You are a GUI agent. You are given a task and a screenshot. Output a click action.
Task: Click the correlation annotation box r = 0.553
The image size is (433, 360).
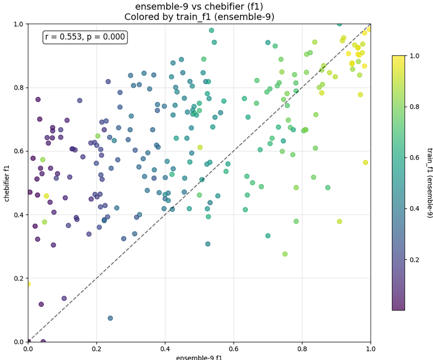pyautogui.click(x=85, y=37)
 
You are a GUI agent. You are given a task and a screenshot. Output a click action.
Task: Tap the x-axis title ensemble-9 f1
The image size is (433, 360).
pyautogui.click(x=199, y=357)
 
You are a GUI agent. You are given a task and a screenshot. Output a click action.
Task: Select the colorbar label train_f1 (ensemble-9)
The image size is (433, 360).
pyautogui.click(x=430, y=183)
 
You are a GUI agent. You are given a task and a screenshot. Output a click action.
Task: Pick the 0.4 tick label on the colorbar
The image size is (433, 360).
pyautogui.click(x=414, y=208)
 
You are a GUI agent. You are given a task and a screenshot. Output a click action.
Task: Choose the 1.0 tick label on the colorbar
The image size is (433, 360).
pyautogui.click(x=414, y=56)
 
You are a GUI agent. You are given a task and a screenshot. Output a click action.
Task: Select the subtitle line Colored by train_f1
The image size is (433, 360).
pyautogui.click(x=199, y=17)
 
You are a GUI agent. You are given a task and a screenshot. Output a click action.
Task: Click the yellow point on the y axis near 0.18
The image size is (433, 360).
pyautogui.click(x=28, y=284)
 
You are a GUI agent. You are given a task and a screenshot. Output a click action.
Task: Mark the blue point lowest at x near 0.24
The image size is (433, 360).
pyautogui.click(x=110, y=318)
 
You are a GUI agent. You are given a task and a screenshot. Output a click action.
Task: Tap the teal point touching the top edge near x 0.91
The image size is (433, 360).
pyautogui.click(x=339, y=24)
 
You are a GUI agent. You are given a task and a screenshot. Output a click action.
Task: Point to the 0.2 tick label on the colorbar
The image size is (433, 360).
pyautogui.click(x=414, y=259)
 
